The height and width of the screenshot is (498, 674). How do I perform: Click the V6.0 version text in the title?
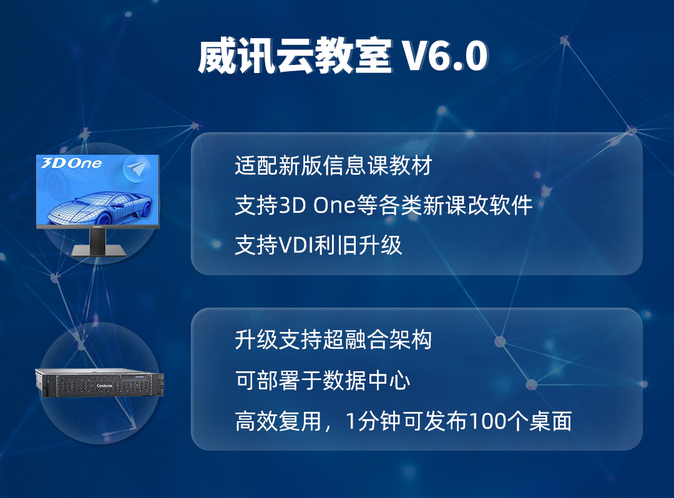[x=445, y=56]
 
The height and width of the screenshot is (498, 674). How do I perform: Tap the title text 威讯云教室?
[x=295, y=56]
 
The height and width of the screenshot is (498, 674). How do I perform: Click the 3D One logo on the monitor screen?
[x=71, y=164]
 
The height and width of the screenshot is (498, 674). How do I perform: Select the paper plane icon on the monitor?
[x=137, y=169]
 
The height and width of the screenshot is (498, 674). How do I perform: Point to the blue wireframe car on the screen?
[x=100, y=207]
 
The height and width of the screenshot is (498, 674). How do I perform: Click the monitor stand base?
[x=99, y=250]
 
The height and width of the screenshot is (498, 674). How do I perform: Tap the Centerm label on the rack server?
[x=104, y=386]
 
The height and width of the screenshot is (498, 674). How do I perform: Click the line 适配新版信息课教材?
[x=333, y=165]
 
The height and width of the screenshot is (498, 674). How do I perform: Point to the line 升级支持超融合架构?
[x=333, y=340]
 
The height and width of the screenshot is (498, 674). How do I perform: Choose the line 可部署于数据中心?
[x=323, y=380]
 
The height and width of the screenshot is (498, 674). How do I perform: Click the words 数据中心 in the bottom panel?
[x=366, y=380]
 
